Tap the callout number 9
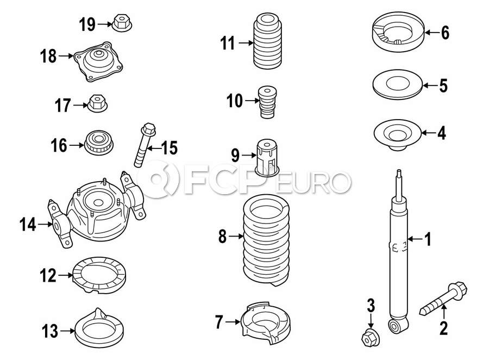(x=235, y=156)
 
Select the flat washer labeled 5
(x=397, y=86)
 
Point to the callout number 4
(x=441, y=133)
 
